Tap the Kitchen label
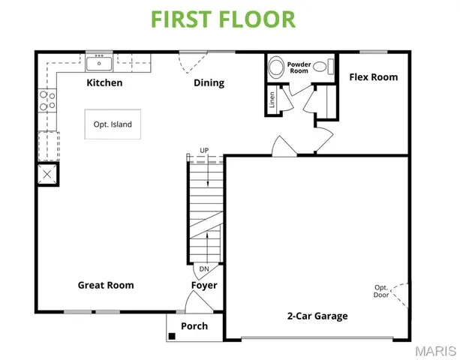(104, 82)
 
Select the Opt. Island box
(113, 124)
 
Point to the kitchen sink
(98, 62)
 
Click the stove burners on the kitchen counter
(47, 100)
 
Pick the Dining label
(209, 82)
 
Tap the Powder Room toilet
(277, 68)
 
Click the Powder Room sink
(322, 67)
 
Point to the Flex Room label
(373, 77)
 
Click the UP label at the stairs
(204, 151)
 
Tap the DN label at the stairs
(204, 268)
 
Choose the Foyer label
(204, 285)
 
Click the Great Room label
(106, 285)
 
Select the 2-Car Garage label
(317, 316)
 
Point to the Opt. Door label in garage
(382, 291)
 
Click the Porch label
(194, 326)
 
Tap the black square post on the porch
(172, 334)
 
